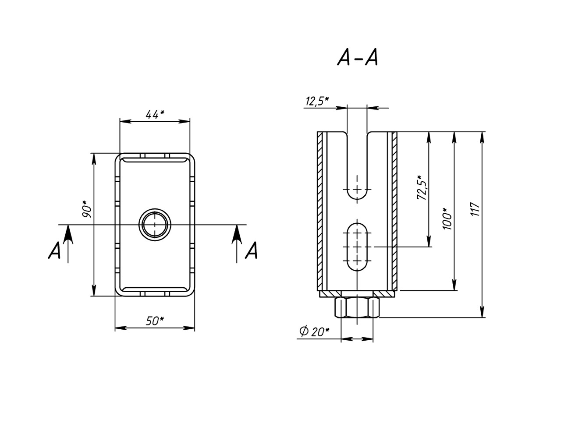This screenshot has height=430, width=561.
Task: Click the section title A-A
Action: click(358, 58)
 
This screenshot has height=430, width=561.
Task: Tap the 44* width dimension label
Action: click(155, 114)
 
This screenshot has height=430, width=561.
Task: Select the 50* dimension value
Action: click(155, 321)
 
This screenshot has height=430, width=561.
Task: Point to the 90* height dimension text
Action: click(87, 209)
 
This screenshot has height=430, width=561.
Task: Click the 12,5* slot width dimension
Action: click(317, 102)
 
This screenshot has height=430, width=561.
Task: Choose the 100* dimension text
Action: click(447, 219)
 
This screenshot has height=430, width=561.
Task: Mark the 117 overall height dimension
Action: click(475, 209)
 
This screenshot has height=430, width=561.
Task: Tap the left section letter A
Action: click(54, 250)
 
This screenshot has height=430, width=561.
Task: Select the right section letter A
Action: click(252, 250)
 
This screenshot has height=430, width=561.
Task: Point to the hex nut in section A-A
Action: click(357, 307)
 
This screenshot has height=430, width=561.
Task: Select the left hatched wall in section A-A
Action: click(320, 211)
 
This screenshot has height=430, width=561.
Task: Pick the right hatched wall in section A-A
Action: click(394, 211)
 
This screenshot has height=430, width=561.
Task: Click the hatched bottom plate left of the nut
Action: click(330, 294)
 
